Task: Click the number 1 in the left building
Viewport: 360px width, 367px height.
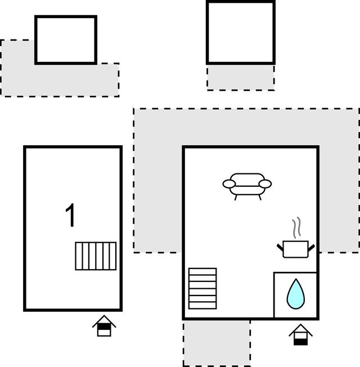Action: tap(71, 216)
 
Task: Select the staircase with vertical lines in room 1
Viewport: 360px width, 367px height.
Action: tap(96, 256)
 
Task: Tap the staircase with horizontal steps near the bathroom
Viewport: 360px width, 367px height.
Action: tap(202, 288)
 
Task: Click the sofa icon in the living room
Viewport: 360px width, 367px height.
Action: tap(247, 185)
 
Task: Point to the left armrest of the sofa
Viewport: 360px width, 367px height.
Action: tap(229, 183)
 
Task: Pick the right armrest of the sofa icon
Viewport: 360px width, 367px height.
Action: tap(265, 183)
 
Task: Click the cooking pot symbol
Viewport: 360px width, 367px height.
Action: tap(295, 248)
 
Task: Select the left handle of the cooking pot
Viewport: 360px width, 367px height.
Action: tap(280, 247)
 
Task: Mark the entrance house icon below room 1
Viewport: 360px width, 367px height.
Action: tap(104, 326)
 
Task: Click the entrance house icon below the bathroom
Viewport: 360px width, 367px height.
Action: tap(301, 335)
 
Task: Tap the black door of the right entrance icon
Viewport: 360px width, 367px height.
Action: tap(301, 340)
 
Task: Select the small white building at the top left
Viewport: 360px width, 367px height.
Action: tap(66, 39)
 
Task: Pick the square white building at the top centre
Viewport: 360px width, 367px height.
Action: tap(240, 32)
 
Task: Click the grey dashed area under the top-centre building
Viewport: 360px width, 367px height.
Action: tap(240, 77)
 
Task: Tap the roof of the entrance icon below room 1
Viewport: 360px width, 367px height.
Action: tap(104, 321)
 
